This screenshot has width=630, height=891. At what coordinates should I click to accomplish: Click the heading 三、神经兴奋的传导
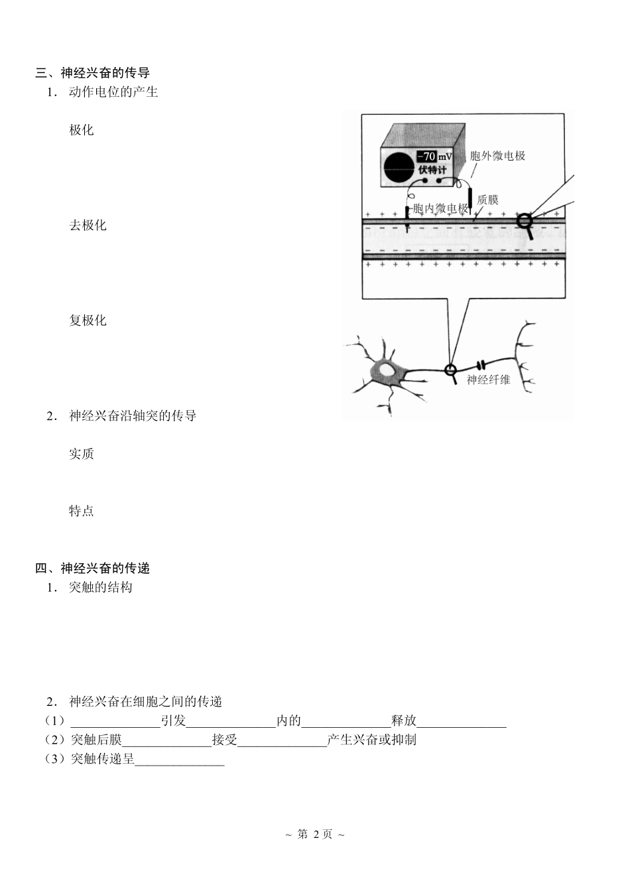pyautogui.click(x=92, y=73)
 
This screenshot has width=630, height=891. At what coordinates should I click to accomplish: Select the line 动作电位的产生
pyautogui.click(x=113, y=92)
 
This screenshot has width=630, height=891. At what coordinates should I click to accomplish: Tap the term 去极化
pyautogui.click(x=88, y=225)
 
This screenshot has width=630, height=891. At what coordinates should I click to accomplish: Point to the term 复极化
pyautogui.click(x=88, y=320)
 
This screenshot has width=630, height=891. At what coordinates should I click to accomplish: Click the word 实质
pyautogui.click(x=82, y=454)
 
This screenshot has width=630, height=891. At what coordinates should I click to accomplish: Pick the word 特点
pyautogui.click(x=82, y=511)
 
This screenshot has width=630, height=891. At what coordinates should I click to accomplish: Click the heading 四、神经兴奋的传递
pyautogui.click(x=92, y=568)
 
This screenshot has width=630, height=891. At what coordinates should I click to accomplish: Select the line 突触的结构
pyautogui.click(x=101, y=587)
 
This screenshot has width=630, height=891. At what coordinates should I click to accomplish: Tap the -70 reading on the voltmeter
pyautogui.click(x=426, y=157)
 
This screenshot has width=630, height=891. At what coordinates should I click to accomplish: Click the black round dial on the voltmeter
pyautogui.click(x=399, y=168)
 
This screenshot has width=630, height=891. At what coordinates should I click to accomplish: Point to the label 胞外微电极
pyautogui.click(x=497, y=156)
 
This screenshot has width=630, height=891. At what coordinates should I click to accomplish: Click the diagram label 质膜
pyautogui.click(x=487, y=199)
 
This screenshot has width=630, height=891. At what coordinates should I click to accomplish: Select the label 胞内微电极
pyautogui.click(x=440, y=209)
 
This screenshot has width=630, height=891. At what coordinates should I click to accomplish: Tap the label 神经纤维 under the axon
pyautogui.click(x=489, y=380)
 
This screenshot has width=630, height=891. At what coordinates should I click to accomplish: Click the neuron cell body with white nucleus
pyautogui.click(x=386, y=372)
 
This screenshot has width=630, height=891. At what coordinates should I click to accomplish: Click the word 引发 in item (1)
pyautogui.click(x=173, y=720)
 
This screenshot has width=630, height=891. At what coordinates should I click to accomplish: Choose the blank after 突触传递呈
pyautogui.click(x=180, y=760)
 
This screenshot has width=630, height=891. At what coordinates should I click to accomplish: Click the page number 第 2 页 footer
pyautogui.click(x=314, y=834)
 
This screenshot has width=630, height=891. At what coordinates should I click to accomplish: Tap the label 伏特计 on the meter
pyautogui.click(x=432, y=170)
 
